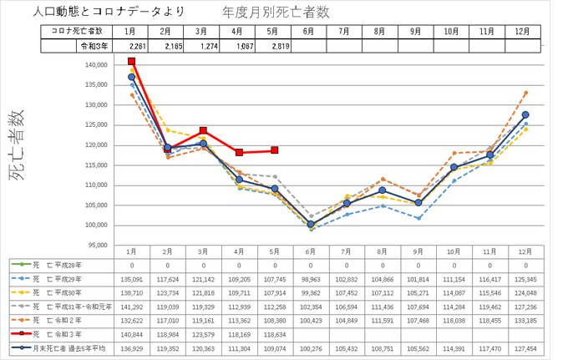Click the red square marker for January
(x=132, y=61)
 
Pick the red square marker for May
(x=275, y=150)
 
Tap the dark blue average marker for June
(x=311, y=224)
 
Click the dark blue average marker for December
(x=525, y=115)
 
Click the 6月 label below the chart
(x=311, y=251)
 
